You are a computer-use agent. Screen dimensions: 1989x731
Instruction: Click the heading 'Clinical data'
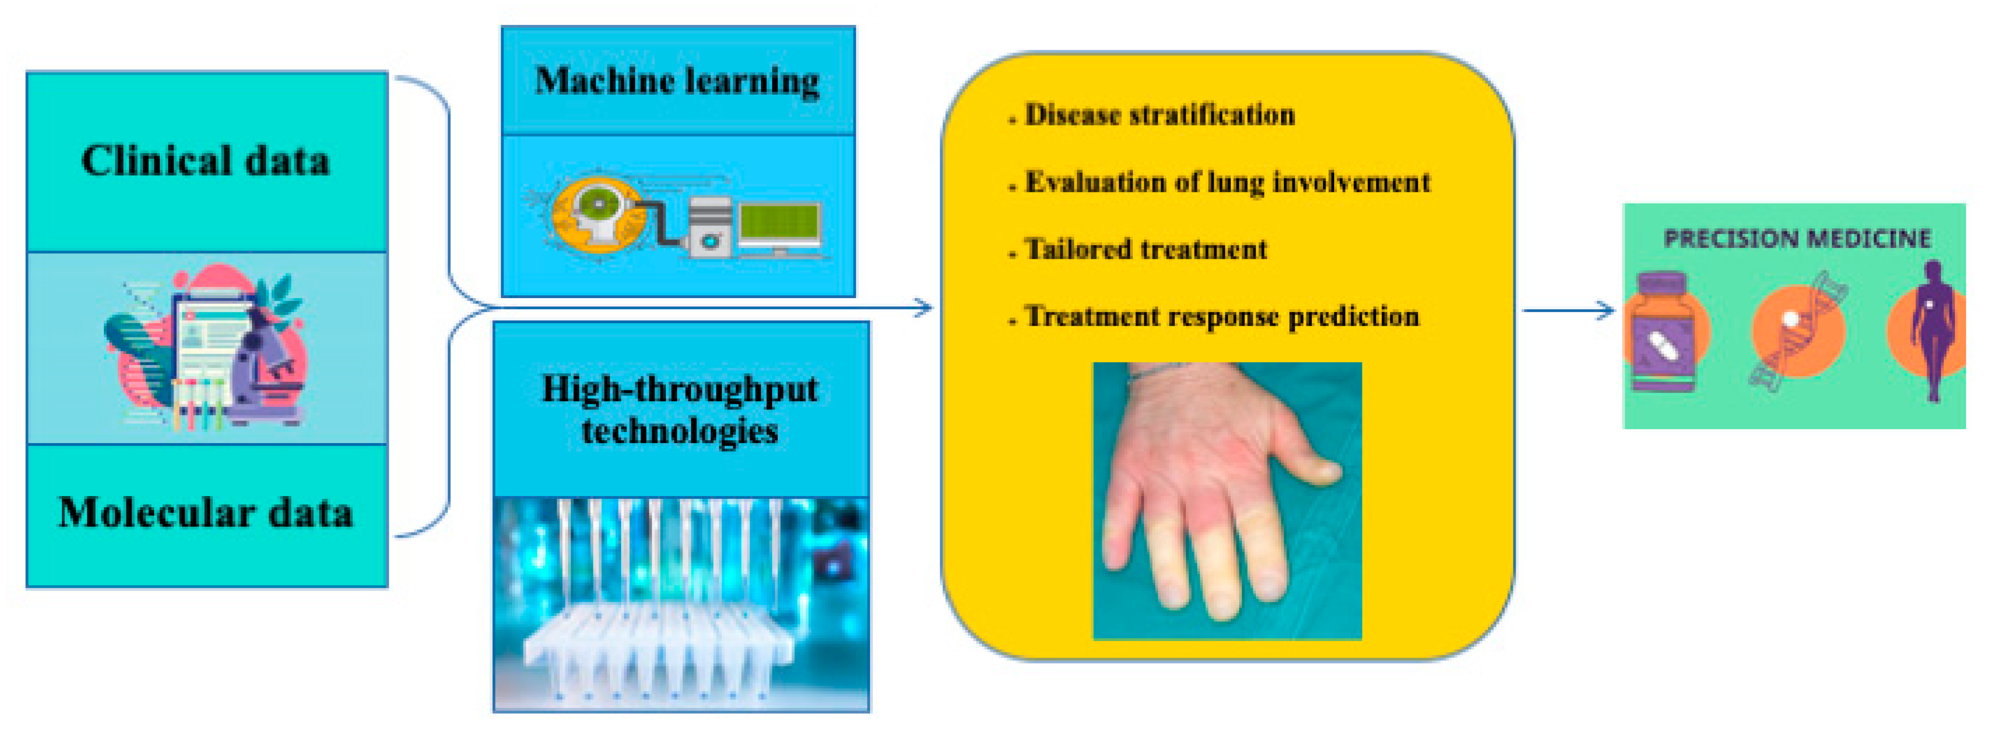(x=206, y=161)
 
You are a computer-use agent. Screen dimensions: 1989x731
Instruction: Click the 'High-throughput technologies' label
(x=679, y=409)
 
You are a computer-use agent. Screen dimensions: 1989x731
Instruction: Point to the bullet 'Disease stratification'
(x=1160, y=115)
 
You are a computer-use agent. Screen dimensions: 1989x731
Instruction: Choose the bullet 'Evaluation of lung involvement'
(x=1227, y=183)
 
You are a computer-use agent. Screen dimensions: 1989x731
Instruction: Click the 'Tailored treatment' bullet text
(x=1146, y=249)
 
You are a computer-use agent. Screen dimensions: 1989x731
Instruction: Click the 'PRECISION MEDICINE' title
(x=1797, y=239)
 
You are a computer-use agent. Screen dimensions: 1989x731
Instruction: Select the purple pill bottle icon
(x=1663, y=332)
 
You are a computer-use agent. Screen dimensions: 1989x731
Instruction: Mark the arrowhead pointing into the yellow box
(x=924, y=308)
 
